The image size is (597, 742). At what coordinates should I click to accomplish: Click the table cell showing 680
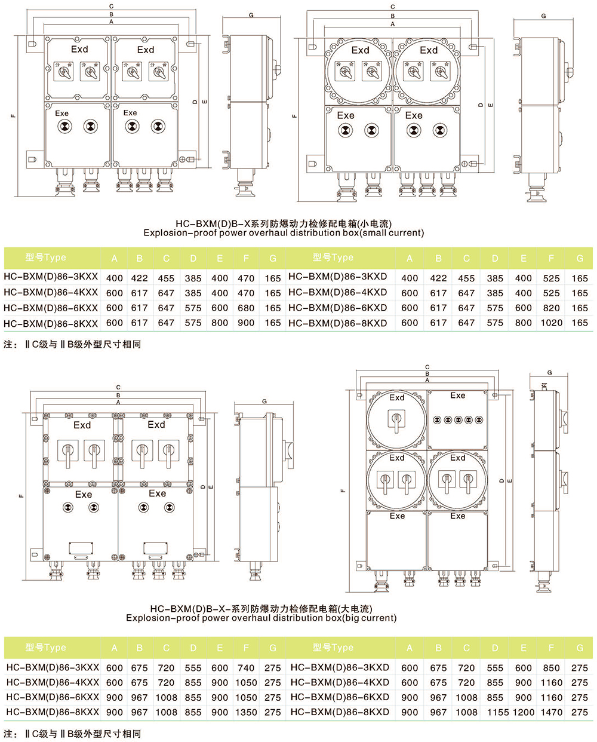(246, 308)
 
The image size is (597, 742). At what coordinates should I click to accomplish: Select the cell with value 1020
(551, 323)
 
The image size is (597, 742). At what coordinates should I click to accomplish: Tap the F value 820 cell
(551, 308)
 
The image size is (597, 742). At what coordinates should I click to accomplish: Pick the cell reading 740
(246, 668)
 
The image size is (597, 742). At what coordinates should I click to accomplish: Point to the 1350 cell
(246, 712)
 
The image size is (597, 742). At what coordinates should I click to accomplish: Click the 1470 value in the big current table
(551, 712)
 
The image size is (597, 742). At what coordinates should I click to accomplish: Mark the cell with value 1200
(524, 712)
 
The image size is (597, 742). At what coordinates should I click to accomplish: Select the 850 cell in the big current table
(551, 668)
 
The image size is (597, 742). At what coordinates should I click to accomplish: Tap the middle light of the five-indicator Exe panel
(458, 420)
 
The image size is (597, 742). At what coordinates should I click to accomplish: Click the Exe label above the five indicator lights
(458, 395)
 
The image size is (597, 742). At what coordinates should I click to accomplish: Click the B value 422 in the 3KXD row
(438, 278)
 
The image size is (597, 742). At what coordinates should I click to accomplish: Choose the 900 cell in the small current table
(246, 323)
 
